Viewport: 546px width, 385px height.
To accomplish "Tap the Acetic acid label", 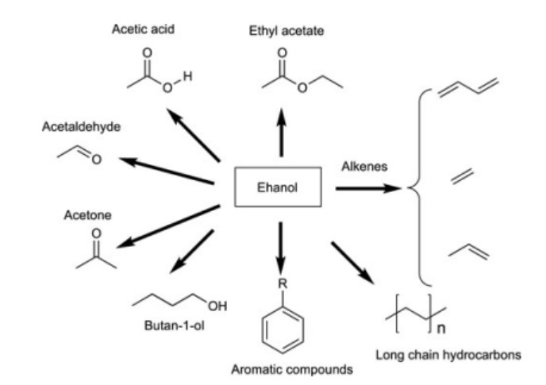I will pos(143,30).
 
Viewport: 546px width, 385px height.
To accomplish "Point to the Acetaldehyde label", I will pos(76,127).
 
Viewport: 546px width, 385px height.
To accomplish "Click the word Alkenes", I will pos(363,167).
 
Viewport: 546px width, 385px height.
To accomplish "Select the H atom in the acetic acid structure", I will pos(188,75).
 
